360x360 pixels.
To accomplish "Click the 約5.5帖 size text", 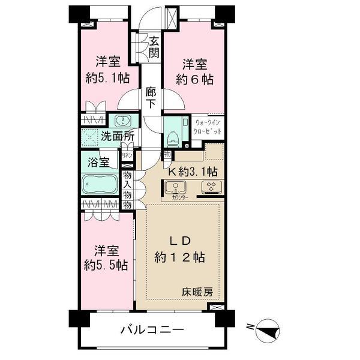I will [105, 264].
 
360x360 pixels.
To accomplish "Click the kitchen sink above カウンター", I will [177, 186].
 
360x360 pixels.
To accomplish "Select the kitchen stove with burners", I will [212, 186].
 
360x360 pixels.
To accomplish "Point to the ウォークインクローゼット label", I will [208, 127].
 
